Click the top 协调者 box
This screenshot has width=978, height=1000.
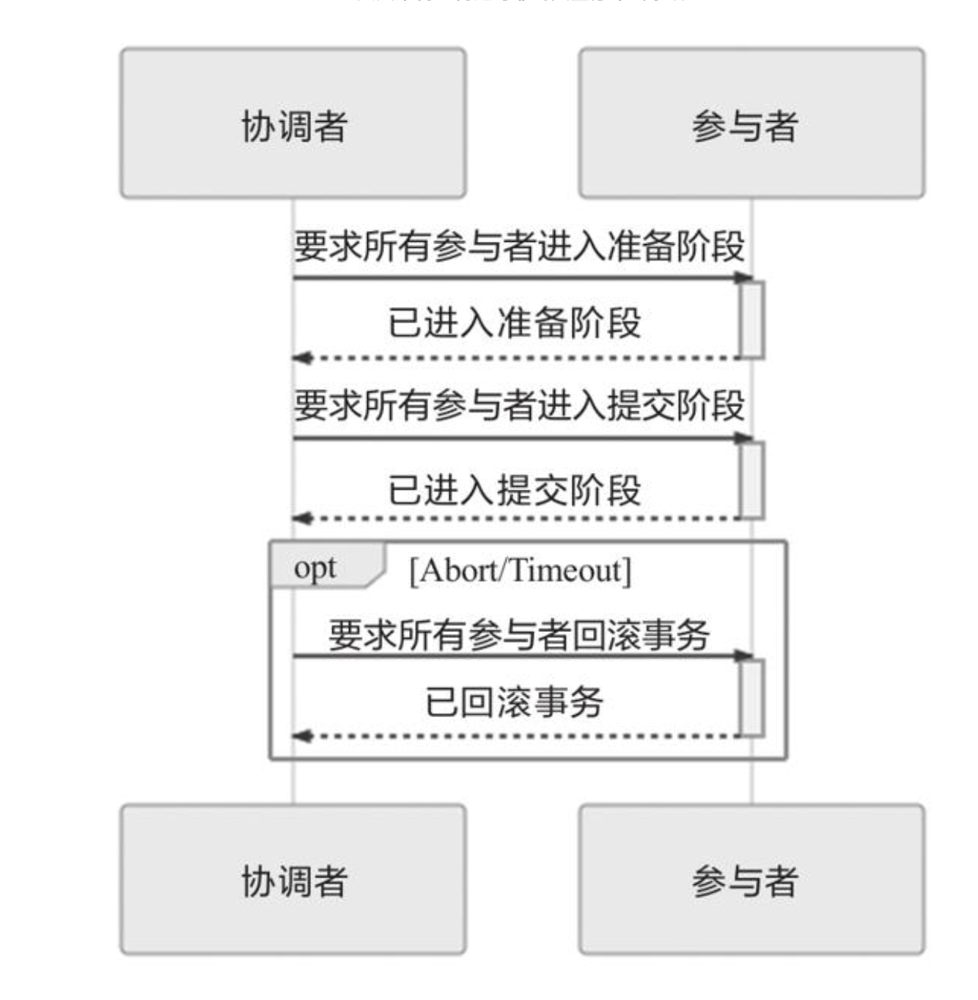pos(293,123)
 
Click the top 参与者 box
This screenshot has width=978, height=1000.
pos(751,123)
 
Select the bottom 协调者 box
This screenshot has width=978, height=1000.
pos(293,879)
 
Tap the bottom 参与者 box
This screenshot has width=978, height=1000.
pos(751,879)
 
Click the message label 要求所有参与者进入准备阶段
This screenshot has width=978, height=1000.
pos(519,246)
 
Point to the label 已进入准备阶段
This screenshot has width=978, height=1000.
pos(515,323)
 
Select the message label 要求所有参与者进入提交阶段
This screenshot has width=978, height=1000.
pos(519,405)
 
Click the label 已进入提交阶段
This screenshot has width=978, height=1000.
pos(515,490)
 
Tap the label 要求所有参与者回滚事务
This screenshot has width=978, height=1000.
pos(519,634)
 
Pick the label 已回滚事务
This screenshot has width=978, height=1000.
pos(515,702)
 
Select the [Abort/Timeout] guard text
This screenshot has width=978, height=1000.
pos(520,570)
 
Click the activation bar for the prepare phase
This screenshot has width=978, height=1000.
pos(752,320)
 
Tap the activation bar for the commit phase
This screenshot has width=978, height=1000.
pos(752,480)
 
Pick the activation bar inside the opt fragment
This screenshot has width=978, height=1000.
pos(752,697)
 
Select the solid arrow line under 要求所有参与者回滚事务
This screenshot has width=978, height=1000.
pos(513,655)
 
